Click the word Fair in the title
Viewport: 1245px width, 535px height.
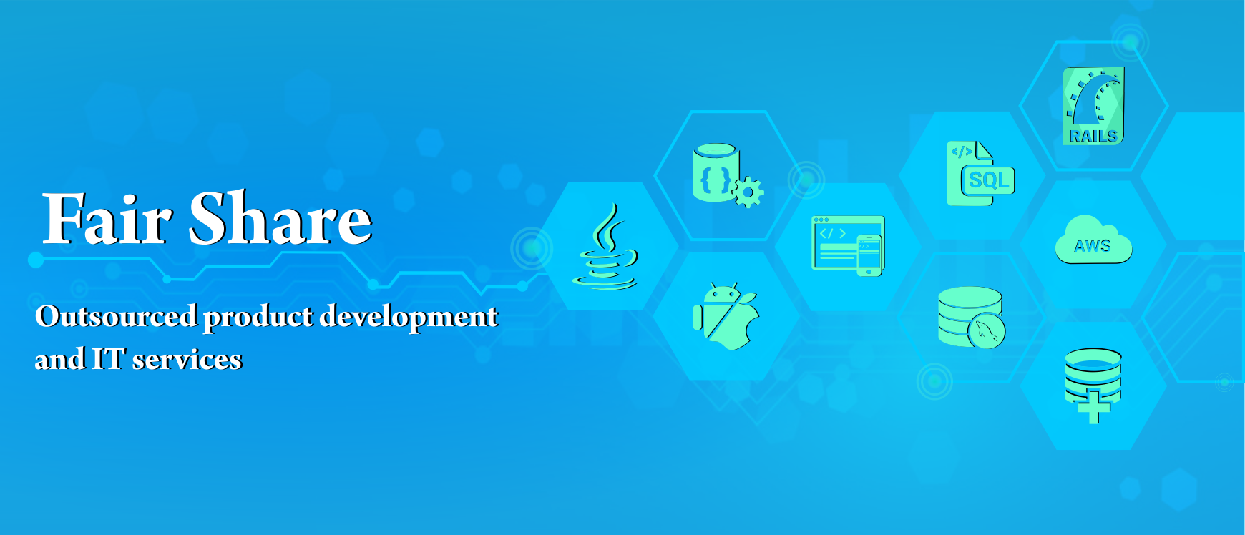(x=107, y=219)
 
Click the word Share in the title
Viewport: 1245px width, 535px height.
(x=280, y=218)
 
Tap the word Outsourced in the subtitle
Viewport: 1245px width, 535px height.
(x=116, y=316)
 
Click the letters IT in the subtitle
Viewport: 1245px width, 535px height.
(x=108, y=359)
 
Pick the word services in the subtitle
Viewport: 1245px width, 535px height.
(x=187, y=360)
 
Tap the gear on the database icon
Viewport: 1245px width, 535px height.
(x=748, y=192)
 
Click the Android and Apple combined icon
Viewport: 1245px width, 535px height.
(x=726, y=316)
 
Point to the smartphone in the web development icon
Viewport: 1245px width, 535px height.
(x=869, y=255)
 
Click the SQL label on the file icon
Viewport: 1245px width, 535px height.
(x=989, y=180)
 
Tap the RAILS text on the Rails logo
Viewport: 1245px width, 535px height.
(x=1093, y=136)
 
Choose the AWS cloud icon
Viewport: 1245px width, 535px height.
(x=1093, y=240)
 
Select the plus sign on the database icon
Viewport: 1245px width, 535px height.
(x=1093, y=407)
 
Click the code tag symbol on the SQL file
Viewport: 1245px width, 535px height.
(x=961, y=152)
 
